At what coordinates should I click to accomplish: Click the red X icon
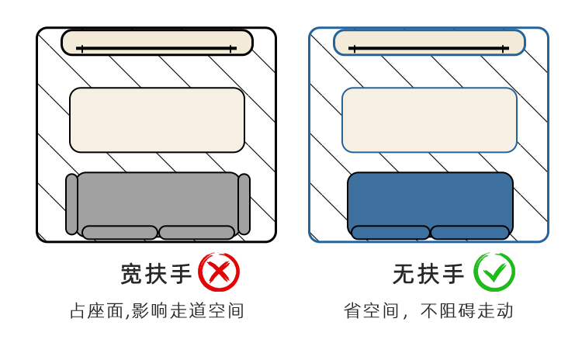219,272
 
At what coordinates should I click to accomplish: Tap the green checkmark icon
494,272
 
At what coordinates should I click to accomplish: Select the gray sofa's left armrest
71,204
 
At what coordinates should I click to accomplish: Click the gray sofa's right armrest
244,204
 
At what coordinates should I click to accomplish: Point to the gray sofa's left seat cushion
120,232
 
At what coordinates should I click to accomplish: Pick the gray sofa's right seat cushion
196,232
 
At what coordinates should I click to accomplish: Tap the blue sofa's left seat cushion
390,232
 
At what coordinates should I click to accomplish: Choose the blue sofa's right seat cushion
469,232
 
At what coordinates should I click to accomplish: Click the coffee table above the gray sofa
157,119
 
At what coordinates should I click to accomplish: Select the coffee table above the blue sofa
429,119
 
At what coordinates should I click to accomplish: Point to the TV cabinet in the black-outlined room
157,42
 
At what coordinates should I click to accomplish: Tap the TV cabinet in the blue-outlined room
429,42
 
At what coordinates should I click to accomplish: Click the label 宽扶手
156,274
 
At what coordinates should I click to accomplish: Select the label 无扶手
428,274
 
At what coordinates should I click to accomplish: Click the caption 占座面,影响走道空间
157,311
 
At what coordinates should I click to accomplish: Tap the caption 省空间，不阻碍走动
428,311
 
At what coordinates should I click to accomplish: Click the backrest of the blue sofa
430,198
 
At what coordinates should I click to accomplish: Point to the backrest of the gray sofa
158,198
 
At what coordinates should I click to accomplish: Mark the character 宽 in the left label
132,274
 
